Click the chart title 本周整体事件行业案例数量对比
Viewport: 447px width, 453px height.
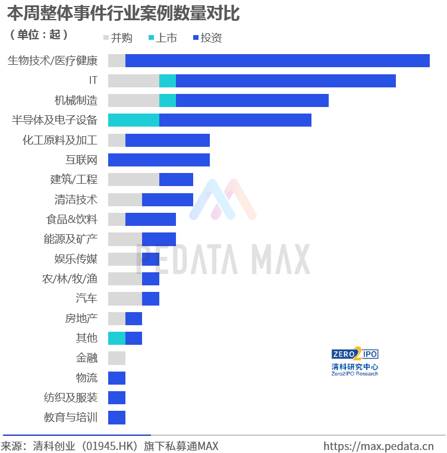pyautogui.click(x=124, y=13)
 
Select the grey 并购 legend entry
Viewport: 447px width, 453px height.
pyautogui.click(x=118, y=37)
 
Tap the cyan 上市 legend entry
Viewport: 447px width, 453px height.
pyautogui.click(x=163, y=37)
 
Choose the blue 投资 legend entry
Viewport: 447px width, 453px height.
pyautogui.click(x=207, y=37)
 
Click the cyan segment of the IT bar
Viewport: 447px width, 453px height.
pyautogui.click(x=168, y=81)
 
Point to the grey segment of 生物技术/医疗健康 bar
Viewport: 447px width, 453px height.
pyautogui.click(x=117, y=61)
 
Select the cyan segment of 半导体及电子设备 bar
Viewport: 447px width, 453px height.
pyautogui.click(x=134, y=120)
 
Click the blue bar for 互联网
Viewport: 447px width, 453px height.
pyautogui.click(x=159, y=160)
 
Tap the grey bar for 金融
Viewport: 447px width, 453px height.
pyautogui.click(x=117, y=358)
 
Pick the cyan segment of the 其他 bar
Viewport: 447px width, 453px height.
pyautogui.click(x=117, y=338)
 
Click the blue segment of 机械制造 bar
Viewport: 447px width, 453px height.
pyautogui.click(x=252, y=100)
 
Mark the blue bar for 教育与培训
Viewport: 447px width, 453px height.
pyautogui.click(x=117, y=417)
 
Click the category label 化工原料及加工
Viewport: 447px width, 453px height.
pyautogui.click(x=60, y=140)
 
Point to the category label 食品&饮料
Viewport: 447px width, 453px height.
pyautogui.click(x=72, y=219)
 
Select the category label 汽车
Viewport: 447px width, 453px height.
pyautogui.click(x=87, y=298)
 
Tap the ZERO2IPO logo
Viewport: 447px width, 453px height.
pyautogui.click(x=355, y=361)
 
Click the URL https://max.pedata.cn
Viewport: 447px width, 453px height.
pyautogui.click(x=379, y=446)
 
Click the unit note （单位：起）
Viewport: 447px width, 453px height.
pyautogui.click(x=39, y=34)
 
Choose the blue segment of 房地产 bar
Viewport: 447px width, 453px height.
pyautogui.click(x=134, y=319)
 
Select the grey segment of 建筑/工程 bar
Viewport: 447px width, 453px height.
pyautogui.click(x=134, y=180)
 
